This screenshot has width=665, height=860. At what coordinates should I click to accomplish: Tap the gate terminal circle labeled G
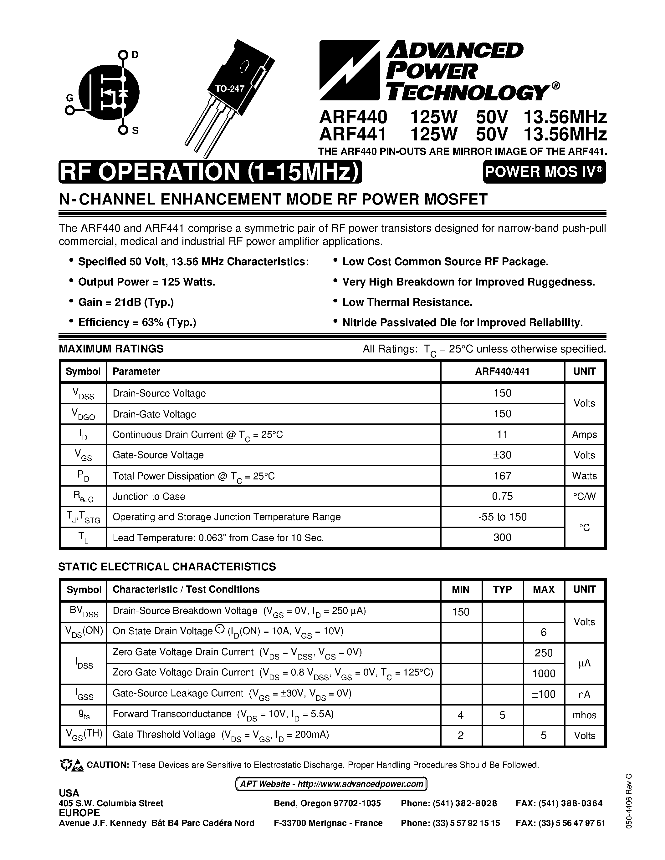[70, 111]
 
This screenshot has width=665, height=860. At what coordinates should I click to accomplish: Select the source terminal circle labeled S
[123, 130]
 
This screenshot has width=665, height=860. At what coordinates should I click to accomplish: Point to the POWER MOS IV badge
[544, 172]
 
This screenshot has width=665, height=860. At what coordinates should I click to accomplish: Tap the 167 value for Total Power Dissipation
[502, 476]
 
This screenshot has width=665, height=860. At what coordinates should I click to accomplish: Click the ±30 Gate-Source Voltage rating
[502, 455]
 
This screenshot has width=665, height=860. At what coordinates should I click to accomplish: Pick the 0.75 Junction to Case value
[502, 496]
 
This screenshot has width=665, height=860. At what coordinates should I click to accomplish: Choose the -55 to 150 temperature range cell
[502, 517]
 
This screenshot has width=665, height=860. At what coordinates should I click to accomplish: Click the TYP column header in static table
[502, 589]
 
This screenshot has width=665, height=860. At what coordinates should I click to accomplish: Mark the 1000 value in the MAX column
[544, 673]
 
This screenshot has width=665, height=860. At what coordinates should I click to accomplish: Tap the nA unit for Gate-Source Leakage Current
[584, 694]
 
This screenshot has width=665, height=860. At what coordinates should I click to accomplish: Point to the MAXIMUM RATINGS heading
[111, 349]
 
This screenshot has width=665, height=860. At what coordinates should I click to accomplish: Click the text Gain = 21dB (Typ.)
[126, 302]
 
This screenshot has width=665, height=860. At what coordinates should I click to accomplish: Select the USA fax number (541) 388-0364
[559, 803]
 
